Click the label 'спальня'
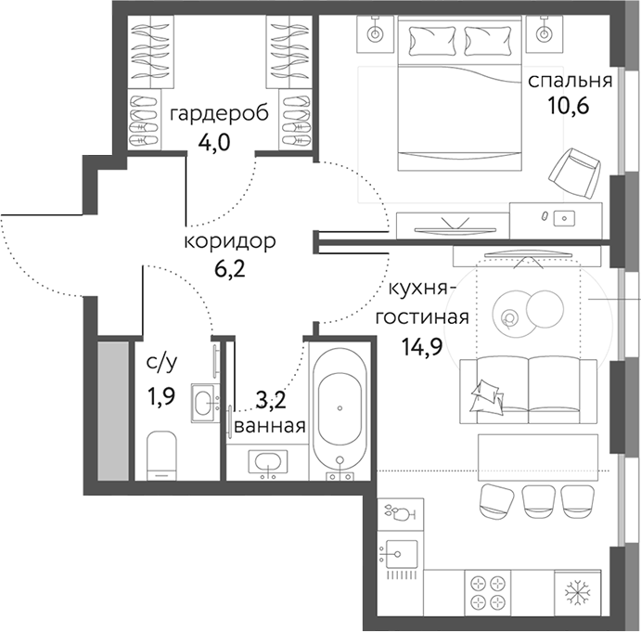tap(570, 81)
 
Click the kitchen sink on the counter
tap(401, 555)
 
